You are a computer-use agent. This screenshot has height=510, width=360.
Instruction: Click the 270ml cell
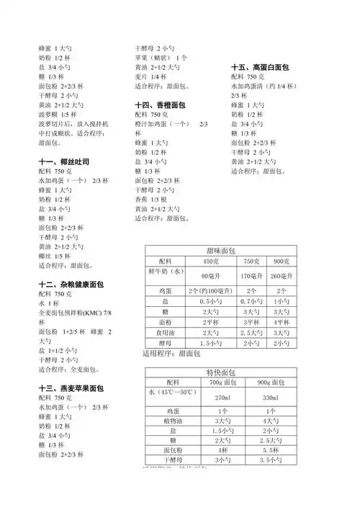tap(222, 398)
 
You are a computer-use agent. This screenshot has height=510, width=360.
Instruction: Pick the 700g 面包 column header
tap(222, 382)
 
